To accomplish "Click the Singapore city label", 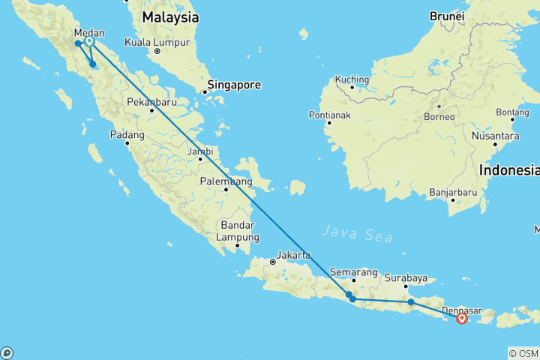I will tap(234, 85).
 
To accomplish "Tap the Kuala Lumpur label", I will tap(157, 41).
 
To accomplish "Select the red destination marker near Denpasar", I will tap(462, 318).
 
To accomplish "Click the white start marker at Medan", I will tap(89, 41).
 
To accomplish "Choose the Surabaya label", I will tap(406, 278).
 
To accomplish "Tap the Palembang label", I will tap(226, 181).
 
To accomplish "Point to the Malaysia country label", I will tap(170, 16).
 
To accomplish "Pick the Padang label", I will tap(126, 135).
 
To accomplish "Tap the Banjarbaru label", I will tap(454, 192).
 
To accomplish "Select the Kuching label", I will tap(352, 79).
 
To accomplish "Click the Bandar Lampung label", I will tap(237, 232).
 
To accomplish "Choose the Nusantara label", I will tap(496, 136).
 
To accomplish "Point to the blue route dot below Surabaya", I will tap(411, 302).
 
